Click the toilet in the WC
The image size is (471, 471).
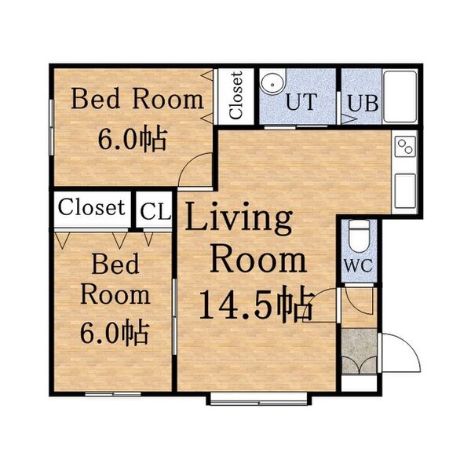pyautogui.click(x=360, y=235)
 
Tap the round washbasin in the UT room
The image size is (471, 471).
pyautogui.click(x=272, y=84)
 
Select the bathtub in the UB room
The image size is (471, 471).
pyautogui.click(x=400, y=97)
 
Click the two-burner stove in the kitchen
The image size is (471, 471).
pyautogui.click(x=405, y=147)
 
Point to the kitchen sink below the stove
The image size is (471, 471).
pyautogui.click(x=405, y=191)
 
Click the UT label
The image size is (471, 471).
pyautogui.click(x=301, y=102)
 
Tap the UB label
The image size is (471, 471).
pyautogui.click(x=363, y=104)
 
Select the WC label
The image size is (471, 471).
pyautogui.click(x=359, y=265)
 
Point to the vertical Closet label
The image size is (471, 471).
pyautogui.click(x=235, y=95)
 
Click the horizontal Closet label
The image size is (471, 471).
pyautogui.click(x=92, y=207)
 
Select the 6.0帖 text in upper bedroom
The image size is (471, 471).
pyautogui.click(x=132, y=139)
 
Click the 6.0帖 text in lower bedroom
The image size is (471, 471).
pyautogui.click(x=115, y=332)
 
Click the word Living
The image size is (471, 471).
pyautogui.click(x=239, y=217)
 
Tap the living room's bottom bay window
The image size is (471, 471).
pyautogui.click(x=258, y=398)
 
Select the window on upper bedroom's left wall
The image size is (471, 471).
pyautogui.click(x=51, y=127)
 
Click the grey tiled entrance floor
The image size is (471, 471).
pyautogui.click(x=360, y=351)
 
